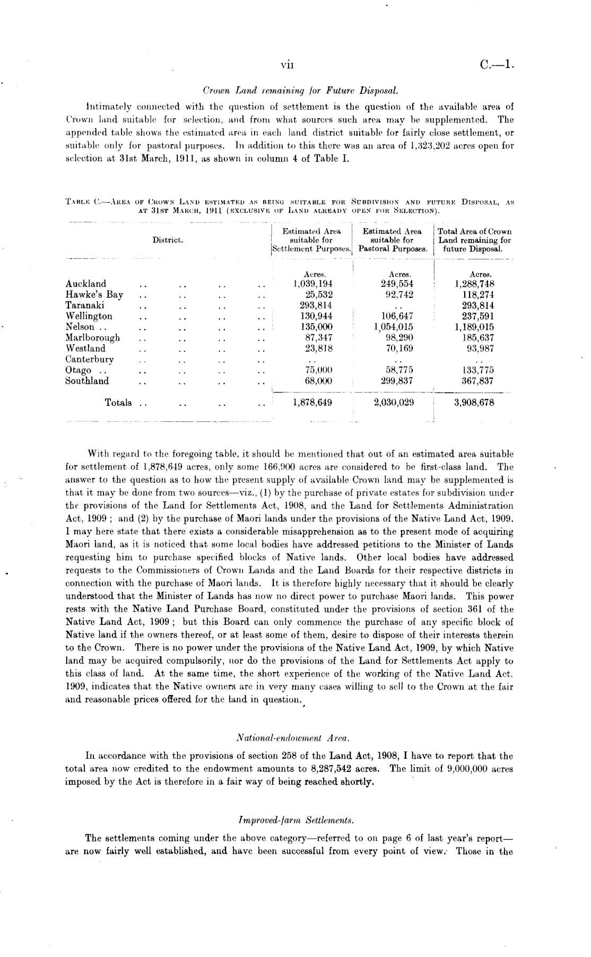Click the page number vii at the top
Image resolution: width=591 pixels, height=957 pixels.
pyautogui.click(x=288, y=66)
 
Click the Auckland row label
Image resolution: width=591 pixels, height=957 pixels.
pyautogui.click(x=85, y=284)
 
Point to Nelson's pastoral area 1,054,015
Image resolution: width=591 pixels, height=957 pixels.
pyautogui.click(x=393, y=327)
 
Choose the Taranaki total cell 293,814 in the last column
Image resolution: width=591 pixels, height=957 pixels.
pyautogui.click(x=476, y=306)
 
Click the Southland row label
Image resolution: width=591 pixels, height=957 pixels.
pyautogui.click(x=87, y=381)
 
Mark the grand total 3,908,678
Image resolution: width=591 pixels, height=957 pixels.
pyautogui.click(x=474, y=403)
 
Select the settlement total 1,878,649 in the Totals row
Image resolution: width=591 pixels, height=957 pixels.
pyautogui.click(x=312, y=403)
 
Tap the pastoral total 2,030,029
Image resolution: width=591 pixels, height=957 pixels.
pyautogui.click(x=394, y=403)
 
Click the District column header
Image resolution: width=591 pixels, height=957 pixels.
pyautogui.click(x=168, y=240)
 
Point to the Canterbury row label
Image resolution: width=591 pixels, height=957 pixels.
pyautogui.click(x=89, y=359)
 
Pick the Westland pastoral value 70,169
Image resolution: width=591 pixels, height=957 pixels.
pyautogui.click(x=397, y=349)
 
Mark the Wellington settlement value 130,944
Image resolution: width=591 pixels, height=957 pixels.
pyautogui.click(x=317, y=316)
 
